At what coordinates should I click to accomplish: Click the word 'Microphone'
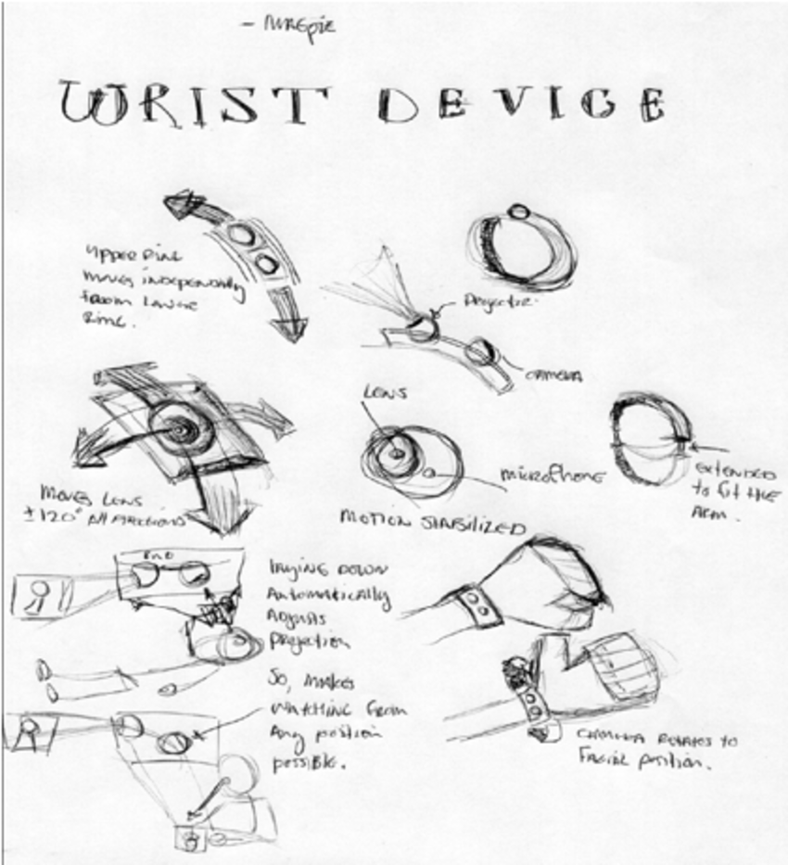click(553, 476)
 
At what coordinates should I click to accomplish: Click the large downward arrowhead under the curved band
click(288, 325)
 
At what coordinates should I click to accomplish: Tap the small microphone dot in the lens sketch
click(428, 472)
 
